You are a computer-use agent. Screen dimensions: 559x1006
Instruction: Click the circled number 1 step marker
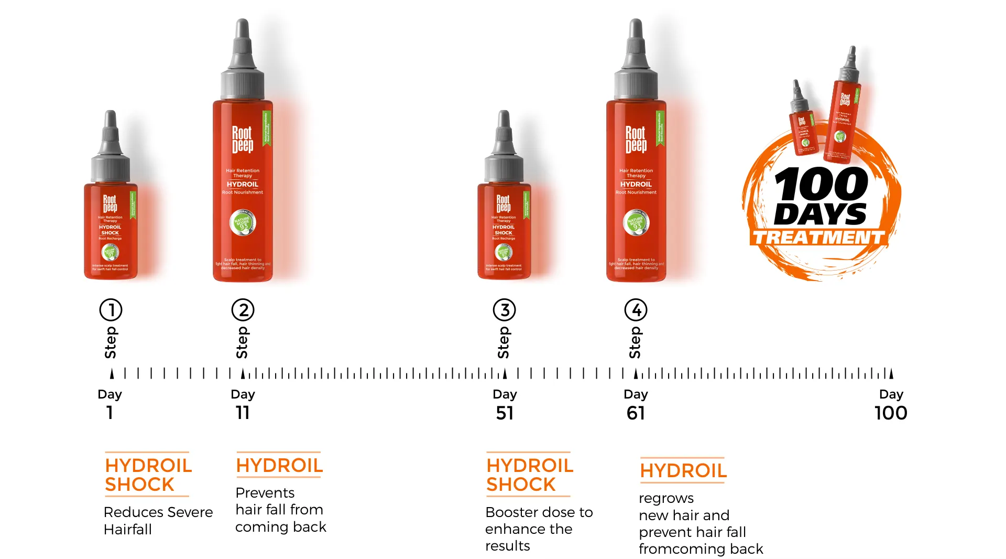[x=111, y=310]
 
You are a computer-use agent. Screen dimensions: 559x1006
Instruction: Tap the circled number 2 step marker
[x=243, y=310]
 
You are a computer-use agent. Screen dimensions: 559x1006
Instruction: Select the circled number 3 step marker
[x=504, y=310]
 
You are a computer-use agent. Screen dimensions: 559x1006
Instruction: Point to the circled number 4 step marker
[x=636, y=310]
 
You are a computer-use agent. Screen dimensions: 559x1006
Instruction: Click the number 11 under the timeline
[x=243, y=413]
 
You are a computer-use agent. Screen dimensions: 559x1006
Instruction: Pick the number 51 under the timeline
[x=505, y=413]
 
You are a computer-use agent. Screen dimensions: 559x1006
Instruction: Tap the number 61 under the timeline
[x=636, y=413]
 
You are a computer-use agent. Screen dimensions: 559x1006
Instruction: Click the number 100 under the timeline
[x=891, y=413]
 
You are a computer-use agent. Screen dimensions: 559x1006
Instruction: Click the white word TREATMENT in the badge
[x=818, y=238]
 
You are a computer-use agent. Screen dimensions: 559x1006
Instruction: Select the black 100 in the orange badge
[x=821, y=184]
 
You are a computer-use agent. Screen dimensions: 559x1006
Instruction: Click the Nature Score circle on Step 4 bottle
[x=636, y=222]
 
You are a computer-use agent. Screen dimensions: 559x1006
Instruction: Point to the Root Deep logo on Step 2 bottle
[x=242, y=139]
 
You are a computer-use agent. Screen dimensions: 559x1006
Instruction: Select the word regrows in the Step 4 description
[x=666, y=498]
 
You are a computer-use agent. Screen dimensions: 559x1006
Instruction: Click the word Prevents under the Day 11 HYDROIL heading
[x=265, y=493]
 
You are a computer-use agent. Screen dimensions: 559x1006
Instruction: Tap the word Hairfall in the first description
[x=127, y=530]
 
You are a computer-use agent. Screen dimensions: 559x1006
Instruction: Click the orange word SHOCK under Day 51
[x=520, y=485]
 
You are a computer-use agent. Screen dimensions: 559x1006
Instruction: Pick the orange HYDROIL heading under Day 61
[x=683, y=471]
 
